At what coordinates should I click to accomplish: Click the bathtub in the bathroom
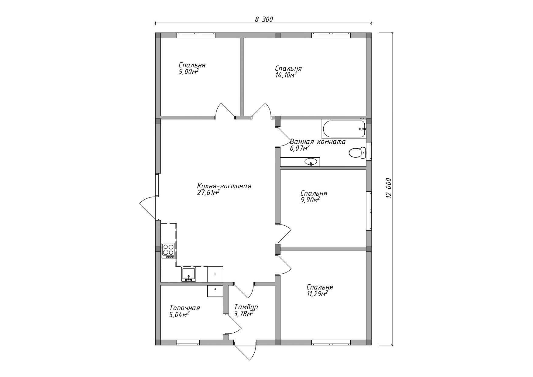tap(344, 129)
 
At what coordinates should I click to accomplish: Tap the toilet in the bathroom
tap(357, 153)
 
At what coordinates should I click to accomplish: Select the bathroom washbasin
tap(311, 162)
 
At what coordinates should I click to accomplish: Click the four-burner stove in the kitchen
tap(168, 251)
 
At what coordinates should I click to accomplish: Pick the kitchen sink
tap(189, 274)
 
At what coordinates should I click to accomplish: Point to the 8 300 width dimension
tap(264, 19)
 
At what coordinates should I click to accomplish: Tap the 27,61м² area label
tap(208, 193)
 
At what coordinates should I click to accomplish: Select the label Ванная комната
tap(318, 142)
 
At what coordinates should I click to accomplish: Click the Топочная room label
tap(185, 308)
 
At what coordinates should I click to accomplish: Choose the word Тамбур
tap(246, 307)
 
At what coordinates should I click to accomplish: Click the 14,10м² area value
tap(286, 75)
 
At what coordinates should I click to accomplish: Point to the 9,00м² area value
tap(189, 72)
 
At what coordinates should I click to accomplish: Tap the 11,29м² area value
tap(317, 293)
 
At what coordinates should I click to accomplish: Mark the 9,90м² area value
tap(310, 200)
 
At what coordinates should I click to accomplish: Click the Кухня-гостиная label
tap(224, 186)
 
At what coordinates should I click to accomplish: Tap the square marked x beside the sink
tap(215, 274)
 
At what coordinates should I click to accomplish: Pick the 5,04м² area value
tap(179, 315)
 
